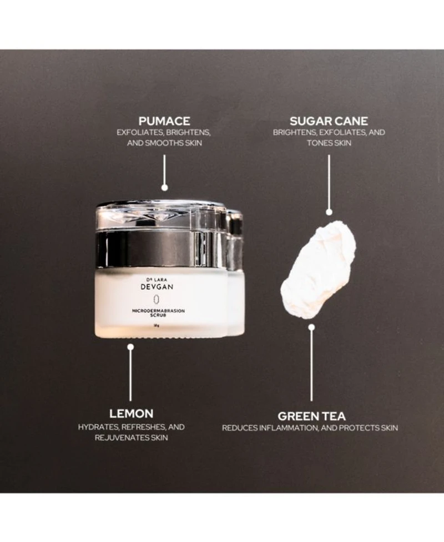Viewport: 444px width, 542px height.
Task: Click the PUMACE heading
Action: coord(164,120)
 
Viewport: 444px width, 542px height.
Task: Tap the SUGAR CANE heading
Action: coord(329,120)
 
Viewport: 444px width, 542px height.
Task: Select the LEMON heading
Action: coord(131,413)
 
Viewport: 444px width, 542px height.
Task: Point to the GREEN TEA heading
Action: coord(311,416)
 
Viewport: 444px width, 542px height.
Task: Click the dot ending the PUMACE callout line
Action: coord(164,188)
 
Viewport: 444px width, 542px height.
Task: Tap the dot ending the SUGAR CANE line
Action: coord(329,211)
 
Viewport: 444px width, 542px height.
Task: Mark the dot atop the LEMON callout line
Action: coord(130,347)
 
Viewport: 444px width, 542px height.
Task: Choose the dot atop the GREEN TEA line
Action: coord(311,327)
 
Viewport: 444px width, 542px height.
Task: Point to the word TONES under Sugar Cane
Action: coord(319,143)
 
